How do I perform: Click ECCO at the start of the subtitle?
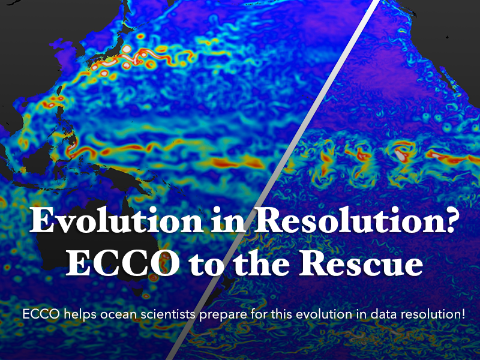point(35,314)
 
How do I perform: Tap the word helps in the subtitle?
point(74,314)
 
